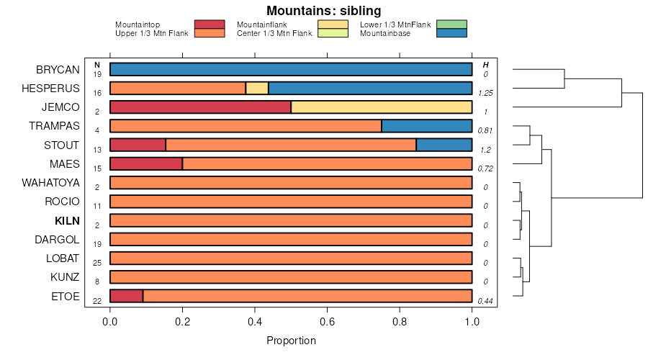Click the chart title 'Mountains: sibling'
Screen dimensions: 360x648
(x=323, y=11)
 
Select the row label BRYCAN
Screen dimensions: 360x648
(x=58, y=70)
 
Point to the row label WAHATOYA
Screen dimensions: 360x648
(x=50, y=183)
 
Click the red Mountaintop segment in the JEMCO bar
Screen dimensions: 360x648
(x=200, y=107)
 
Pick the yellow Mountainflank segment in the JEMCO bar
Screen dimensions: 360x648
(x=381, y=107)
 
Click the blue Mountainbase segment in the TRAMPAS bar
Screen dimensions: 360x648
(x=426, y=126)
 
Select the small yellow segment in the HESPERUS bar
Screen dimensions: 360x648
(x=257, y=89)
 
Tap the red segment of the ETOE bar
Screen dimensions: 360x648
(x=126, y=296)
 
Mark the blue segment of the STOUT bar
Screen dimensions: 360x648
(x=444, y=145)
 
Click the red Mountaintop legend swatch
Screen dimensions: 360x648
(x=210, y=24)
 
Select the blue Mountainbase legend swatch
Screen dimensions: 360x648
(x=451, y=33)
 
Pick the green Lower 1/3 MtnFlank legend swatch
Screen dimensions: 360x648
(x=451, y=24)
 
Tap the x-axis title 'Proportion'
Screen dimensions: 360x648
(x=291, y=340)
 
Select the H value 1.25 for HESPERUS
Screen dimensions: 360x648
(x=485, y=94)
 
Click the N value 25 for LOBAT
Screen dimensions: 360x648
(x=96, y=263)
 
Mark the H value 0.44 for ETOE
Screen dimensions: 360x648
(x=485, y=300)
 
